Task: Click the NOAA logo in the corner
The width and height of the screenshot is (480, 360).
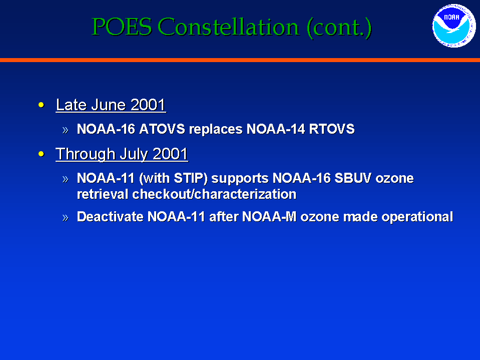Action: (x=454, y=26)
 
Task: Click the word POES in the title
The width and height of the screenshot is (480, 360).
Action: (x=122, y=27)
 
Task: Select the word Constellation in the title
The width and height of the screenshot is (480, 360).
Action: (x=228, y=27)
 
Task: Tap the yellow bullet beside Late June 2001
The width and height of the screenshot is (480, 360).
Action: (x=42, y=105)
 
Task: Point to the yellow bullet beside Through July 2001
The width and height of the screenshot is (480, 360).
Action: (x=42, y=154)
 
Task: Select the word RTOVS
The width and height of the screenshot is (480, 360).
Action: (x=332, y=129)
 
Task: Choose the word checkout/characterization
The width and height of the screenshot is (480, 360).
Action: (x=214, y=194)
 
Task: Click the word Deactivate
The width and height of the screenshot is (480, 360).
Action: (x=110, y=217)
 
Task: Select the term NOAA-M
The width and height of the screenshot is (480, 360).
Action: (x=269, y=217)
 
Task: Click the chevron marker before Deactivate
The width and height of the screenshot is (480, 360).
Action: (x=65, y=218)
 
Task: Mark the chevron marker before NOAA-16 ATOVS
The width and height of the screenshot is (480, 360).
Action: (x=65, y=130)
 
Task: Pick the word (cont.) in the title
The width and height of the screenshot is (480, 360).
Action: (x=339, y=28)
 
